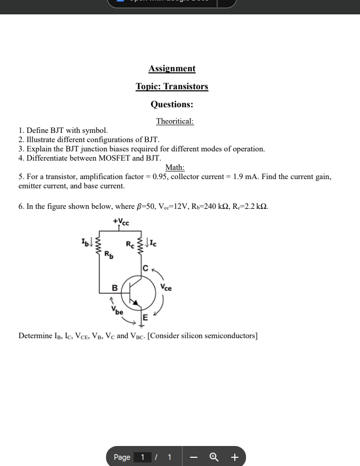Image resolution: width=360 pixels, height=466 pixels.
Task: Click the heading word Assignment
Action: coord(172,69)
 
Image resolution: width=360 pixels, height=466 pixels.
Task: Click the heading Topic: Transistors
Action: coord(172,87)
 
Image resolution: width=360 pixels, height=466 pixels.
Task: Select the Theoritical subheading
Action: coord(175,122)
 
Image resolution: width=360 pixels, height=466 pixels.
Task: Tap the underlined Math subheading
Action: coord(175,167)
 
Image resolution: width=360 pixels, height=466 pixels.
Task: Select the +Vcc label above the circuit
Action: coord(121,222)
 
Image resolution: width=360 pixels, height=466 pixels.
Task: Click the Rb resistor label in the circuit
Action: coord(109,254)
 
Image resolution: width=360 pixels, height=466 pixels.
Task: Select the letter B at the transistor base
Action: coord(115,288)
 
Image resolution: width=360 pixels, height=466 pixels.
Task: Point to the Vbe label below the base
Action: coord(118,310)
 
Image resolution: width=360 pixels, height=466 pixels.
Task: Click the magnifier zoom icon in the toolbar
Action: coord(214,457)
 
